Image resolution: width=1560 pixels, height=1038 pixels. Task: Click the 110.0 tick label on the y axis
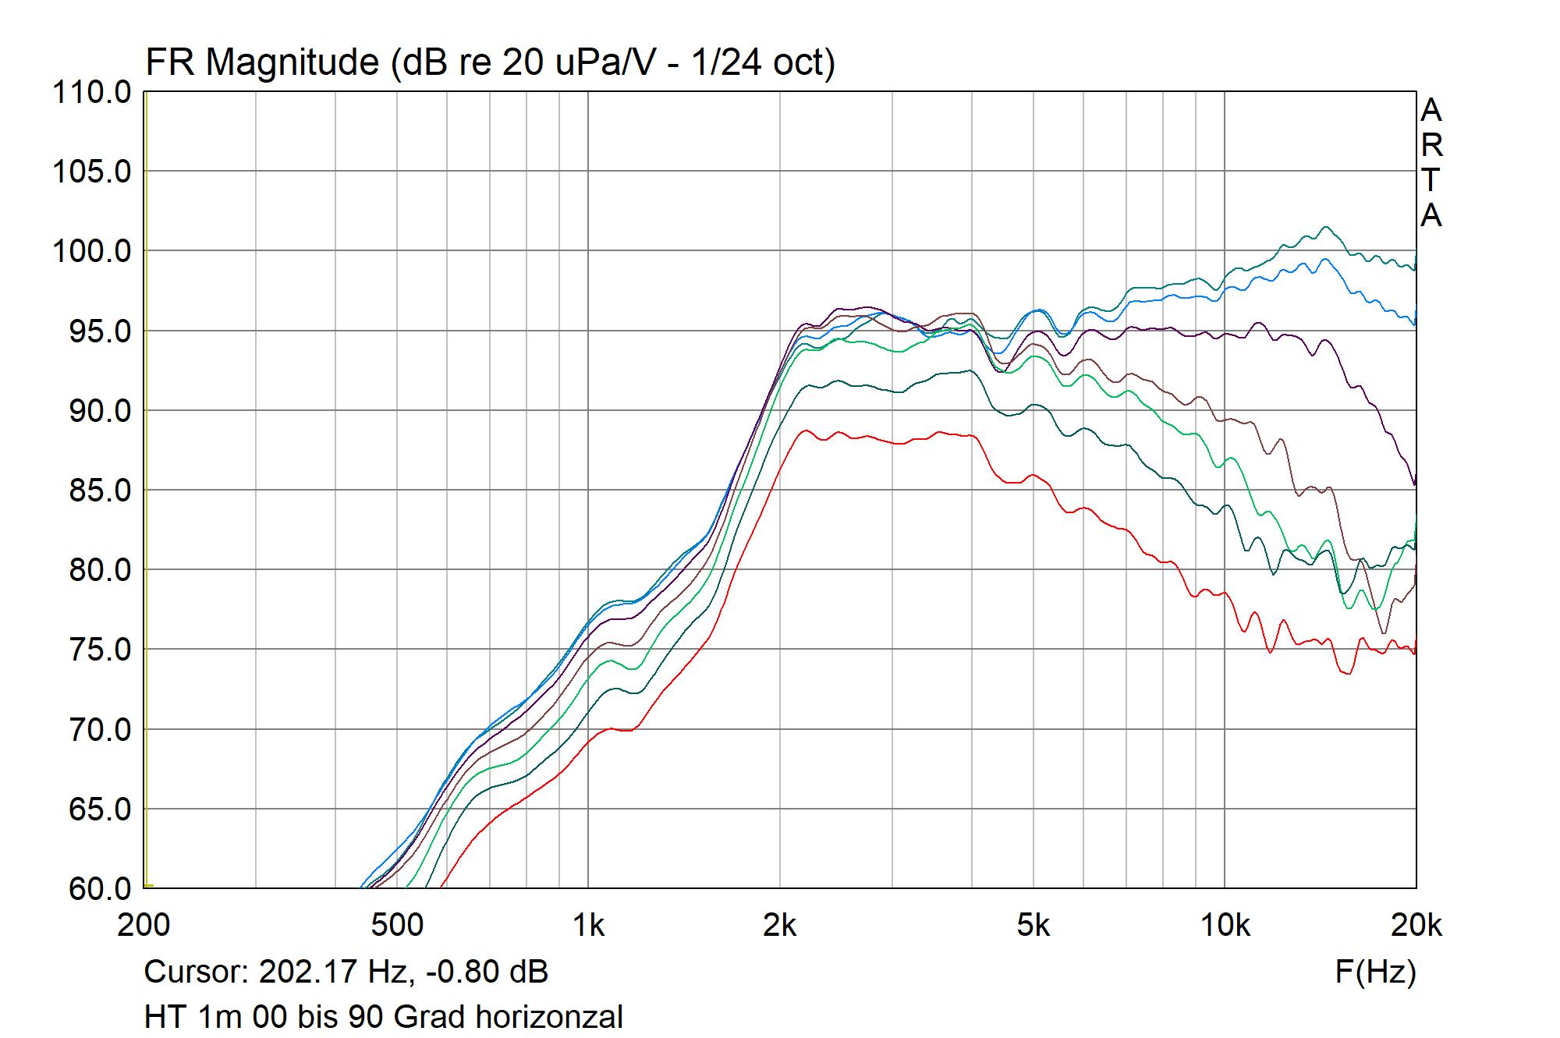[92, 93]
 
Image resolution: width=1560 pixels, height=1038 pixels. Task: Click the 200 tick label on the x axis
[144, 925]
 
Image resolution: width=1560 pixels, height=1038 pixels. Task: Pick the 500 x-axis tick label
[397, 925]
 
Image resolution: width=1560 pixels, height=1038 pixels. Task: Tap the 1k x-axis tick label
[588, 925]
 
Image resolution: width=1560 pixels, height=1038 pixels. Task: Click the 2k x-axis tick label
[780, 925]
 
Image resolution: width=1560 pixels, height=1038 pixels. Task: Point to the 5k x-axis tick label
[1033, 925]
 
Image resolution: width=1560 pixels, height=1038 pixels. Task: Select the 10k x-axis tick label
[1225, 925]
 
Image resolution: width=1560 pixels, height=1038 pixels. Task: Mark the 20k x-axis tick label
[1416, 925]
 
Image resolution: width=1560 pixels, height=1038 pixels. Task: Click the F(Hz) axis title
[1375, 972]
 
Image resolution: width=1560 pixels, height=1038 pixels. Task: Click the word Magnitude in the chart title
[292, 62]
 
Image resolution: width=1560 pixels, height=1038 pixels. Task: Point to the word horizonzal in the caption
[549, 1018]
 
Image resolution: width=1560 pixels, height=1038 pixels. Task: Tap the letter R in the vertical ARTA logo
[1432, 146]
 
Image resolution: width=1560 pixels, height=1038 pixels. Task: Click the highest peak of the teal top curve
[1325, 227]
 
